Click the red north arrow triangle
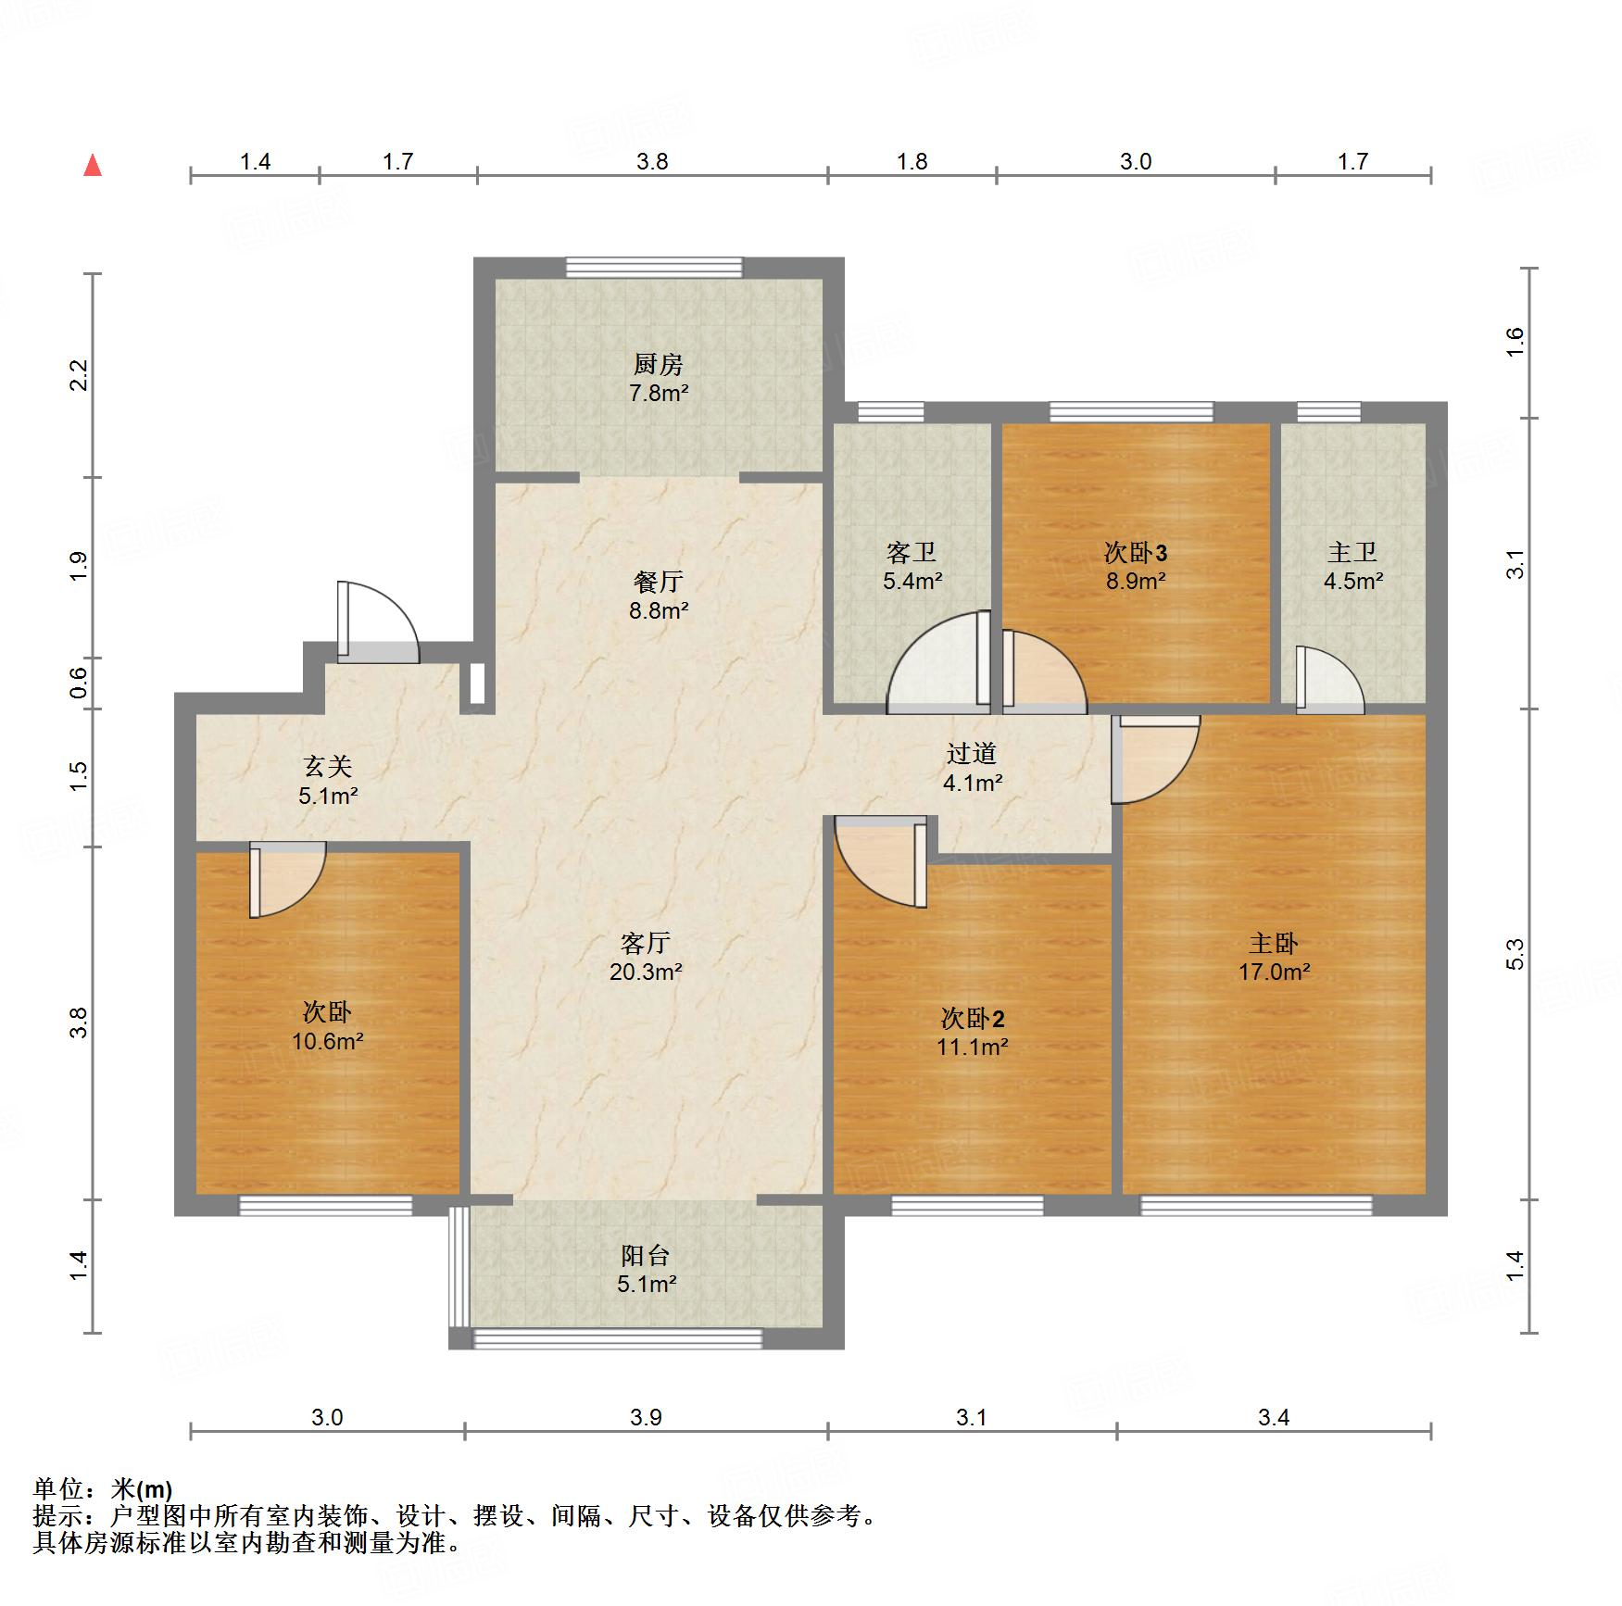point(93,166)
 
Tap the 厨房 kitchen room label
point(658,364)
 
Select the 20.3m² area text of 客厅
point(646,972)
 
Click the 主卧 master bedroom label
point(1273,943)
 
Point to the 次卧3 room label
point(1135,553)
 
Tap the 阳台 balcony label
point(646,1255)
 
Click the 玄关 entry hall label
point(327,766)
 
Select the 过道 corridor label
point(972,753)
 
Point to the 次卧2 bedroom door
point(880,861)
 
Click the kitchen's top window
point(654,268)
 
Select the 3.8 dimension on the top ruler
point(652,161)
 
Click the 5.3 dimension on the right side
point(1514,954)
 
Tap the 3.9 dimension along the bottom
point(646,1417)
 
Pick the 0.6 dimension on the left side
point(79,683)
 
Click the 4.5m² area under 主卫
point(1352,582)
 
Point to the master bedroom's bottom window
point(1255,1205)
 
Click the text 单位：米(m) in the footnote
point(103,1489)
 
